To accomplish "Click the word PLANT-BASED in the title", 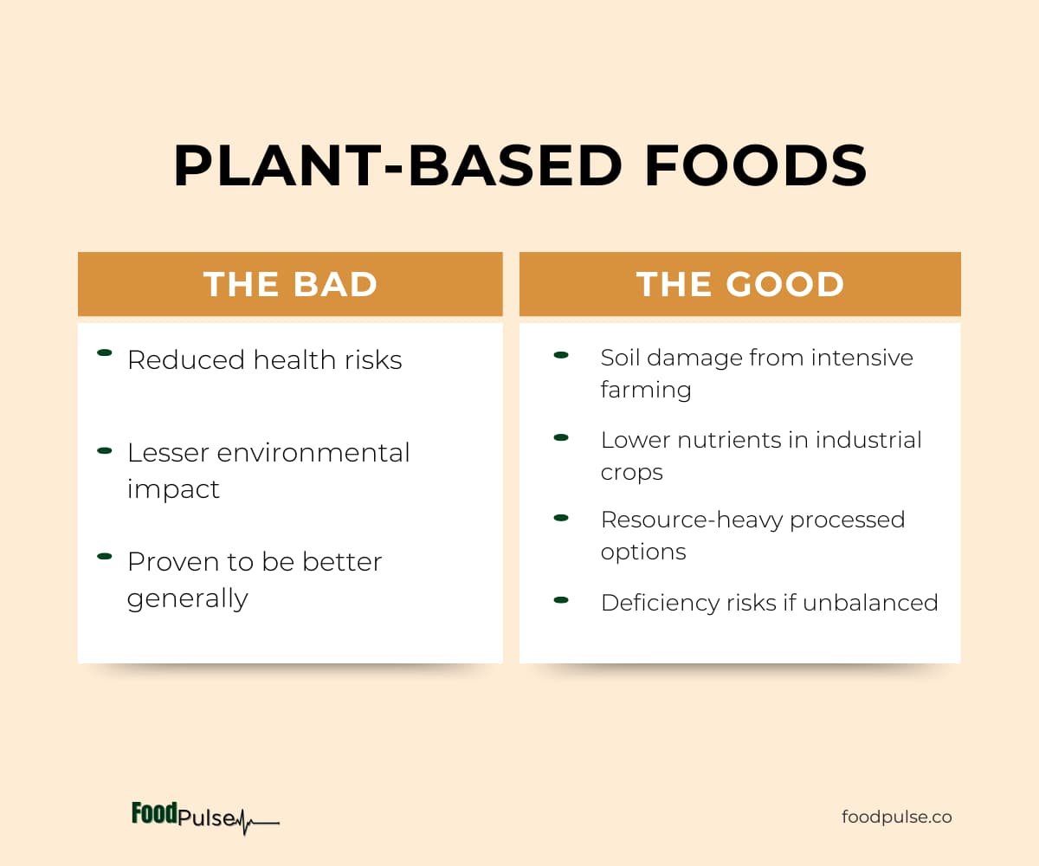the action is (397, 165).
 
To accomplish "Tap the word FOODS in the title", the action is (755, 165).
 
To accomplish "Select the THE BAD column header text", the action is (290, 284).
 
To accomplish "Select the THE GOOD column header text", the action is (740, 284).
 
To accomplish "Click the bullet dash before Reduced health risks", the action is (105, 352).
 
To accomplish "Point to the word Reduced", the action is (186, 360).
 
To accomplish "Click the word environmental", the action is (313, 453).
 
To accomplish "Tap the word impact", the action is (173, 489).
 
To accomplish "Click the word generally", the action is (188, 598).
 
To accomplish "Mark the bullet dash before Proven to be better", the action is (105, 557).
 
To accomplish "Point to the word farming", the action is (646, 390).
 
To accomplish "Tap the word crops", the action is (631, 472).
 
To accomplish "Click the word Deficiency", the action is (660, 603).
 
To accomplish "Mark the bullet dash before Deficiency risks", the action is (561, 600).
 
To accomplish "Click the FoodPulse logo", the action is (205, 817).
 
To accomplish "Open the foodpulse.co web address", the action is (897, 817).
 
